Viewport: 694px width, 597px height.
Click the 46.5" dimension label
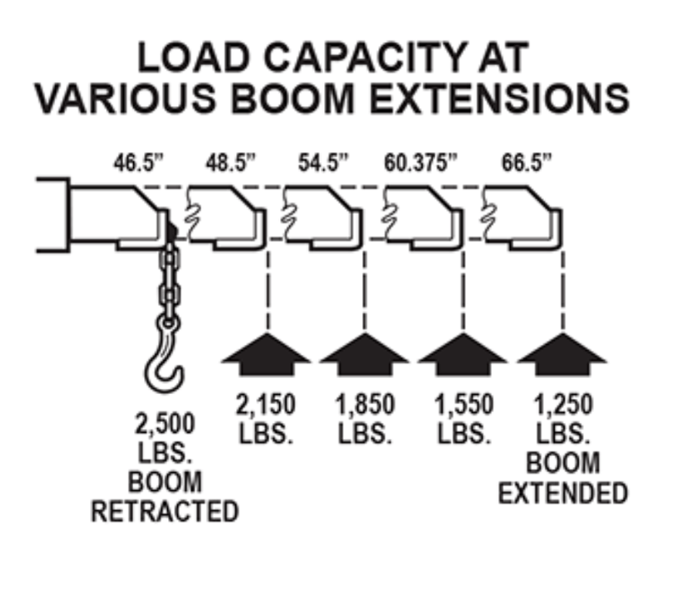pos(137,163)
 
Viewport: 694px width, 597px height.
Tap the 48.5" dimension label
pos(230,163)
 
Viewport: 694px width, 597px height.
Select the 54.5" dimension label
pos(322,163)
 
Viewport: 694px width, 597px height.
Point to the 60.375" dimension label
pos(422,163)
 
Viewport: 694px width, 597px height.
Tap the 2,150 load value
pos(266,405)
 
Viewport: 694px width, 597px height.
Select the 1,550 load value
pos(463,405)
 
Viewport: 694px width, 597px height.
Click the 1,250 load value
pos(562,405)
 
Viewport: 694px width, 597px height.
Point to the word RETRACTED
pos(165,512)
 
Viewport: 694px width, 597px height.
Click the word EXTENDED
pos(562,493)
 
